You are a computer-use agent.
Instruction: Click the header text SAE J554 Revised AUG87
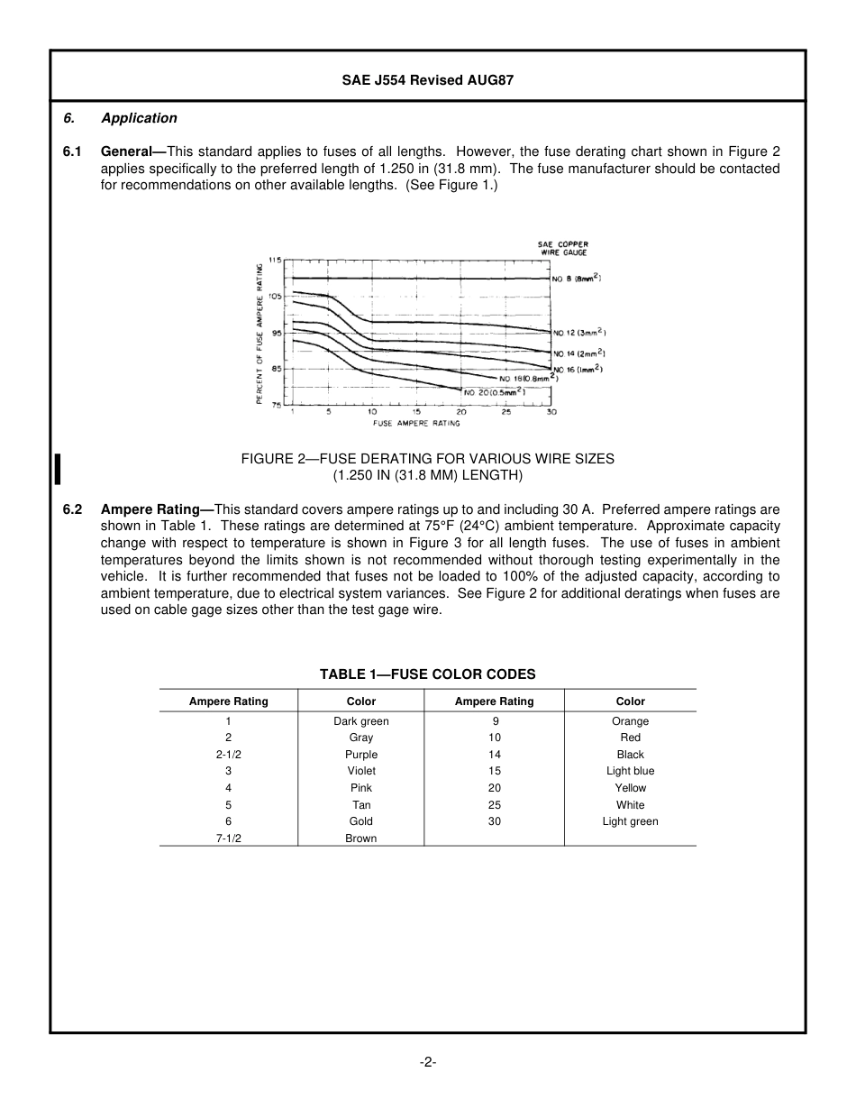click(427, 80)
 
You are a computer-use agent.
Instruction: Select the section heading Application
click(139, 118)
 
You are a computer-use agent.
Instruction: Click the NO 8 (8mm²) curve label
click(577, 279)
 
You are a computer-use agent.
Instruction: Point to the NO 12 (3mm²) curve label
click(578, 334)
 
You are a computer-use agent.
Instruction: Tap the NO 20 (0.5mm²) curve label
click(495, 392)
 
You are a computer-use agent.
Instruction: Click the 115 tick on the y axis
click(275, 260)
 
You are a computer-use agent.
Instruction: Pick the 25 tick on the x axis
click(506, 412)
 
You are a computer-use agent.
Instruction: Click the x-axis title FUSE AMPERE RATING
click(416, 423)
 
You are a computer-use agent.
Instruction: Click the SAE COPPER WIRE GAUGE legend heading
click(563, 249)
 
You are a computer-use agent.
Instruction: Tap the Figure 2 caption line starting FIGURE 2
click(427, 459)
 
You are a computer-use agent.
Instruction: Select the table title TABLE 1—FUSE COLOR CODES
click(427, 674)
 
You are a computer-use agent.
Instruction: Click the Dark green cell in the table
click(361, 721)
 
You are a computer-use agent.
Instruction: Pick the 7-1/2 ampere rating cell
click(228, 839)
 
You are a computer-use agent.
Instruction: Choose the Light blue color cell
click(630, 771)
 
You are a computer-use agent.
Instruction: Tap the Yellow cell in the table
click(630, 788)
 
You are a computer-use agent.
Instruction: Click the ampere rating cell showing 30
click(495, 821)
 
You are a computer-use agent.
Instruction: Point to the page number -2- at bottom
click(427, 1062)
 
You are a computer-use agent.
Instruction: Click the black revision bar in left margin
click(58, 470)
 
